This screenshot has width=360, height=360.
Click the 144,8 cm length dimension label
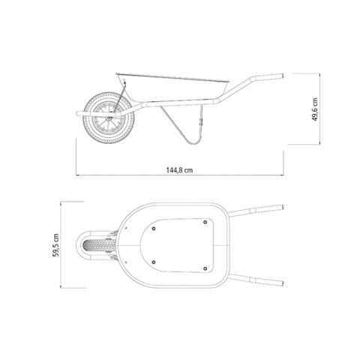(x=179, y=170)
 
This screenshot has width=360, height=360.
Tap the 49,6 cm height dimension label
(x=315, y=109)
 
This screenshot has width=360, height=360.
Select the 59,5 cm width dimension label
(x=55, y=245)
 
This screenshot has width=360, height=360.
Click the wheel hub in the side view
(x=109, y=118)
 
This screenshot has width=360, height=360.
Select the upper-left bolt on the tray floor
(x=154, y=229)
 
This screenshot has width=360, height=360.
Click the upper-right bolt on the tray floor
(x=205, y=222)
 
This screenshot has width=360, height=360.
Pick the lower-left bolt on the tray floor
(x=154, y=262)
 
